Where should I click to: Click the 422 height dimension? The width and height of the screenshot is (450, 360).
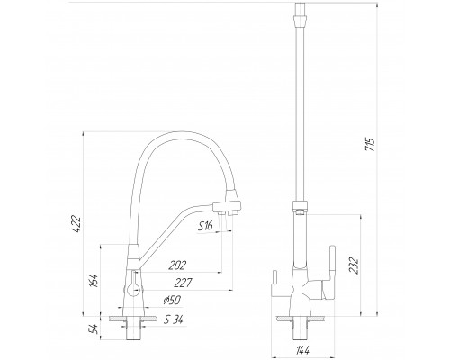[x=77, y=224]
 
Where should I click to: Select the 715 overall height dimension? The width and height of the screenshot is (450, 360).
[x=371, y=145]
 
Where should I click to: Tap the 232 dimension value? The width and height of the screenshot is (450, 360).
[x=355, y=265]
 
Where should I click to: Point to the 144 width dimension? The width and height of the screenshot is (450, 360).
[x=303, y=350]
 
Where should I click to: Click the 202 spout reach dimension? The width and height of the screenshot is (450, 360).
[x=177, y=265]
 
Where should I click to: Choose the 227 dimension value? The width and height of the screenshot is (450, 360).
[x=183, y=283]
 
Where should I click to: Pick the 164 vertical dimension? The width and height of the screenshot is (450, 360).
[x=94, y=280]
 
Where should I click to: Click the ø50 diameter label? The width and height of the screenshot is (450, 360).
[x=173, y=300]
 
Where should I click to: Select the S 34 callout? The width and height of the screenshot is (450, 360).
[x=174, y=320]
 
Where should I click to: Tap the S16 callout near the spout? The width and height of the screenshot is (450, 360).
[x=205, y=225]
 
